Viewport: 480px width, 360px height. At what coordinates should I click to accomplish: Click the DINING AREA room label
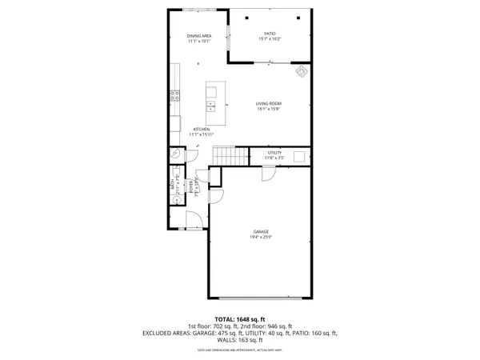pyautogui.click(x=199, y=36)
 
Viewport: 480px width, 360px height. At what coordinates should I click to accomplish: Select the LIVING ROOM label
pyautogui.click(x=268, y=104)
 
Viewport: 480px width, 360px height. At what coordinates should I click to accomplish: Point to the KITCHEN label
pyautogui.click(x=201, y=129)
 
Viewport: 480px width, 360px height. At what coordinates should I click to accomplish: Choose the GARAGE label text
pyautogui.click(x=257, y=232)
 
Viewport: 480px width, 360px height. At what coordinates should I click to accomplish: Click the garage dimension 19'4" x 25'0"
pyautogui.click(x=257, y=238)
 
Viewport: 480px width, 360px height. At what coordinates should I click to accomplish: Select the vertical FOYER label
pyautogui.click(x=191, y=188)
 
